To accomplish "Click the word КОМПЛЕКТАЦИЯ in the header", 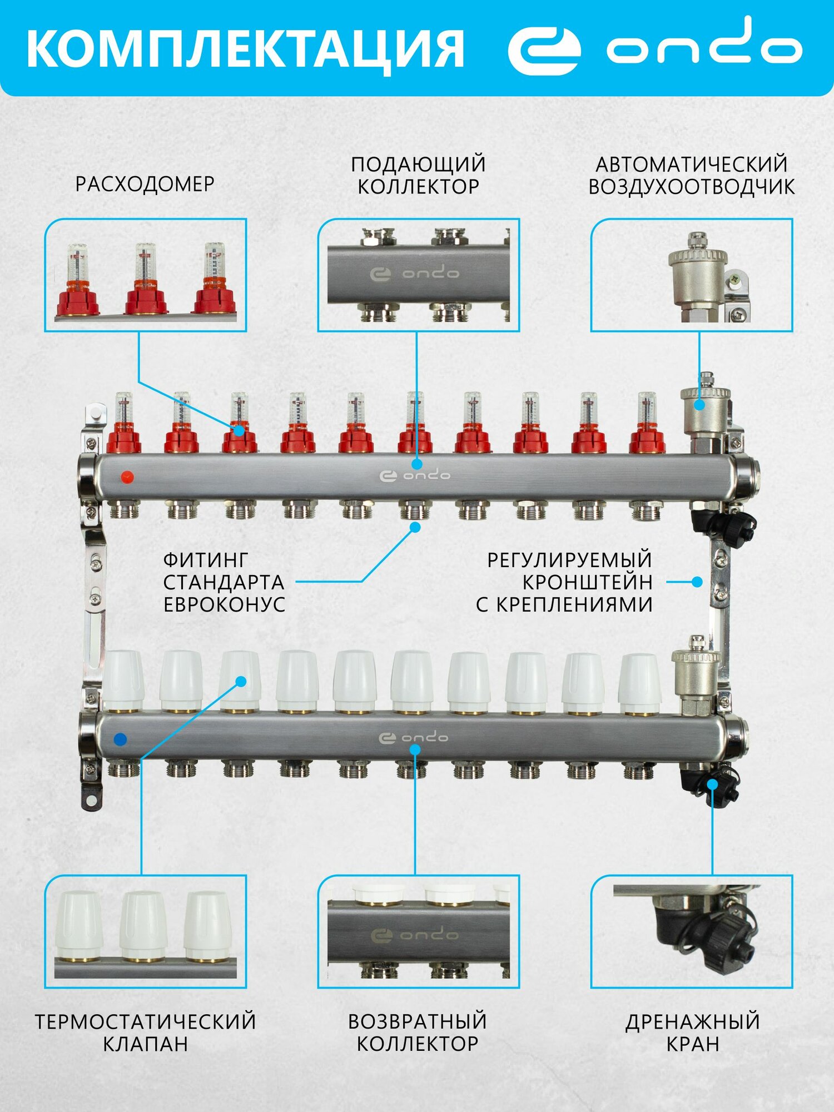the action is [x=245, y=49].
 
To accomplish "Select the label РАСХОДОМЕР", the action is [x=145, y=184].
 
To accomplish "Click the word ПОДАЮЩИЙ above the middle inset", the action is [x=418, y=165].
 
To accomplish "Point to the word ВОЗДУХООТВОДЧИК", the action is [x=692, y=187].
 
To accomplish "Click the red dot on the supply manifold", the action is [x=127, y=477].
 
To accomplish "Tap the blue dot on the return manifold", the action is [x=120, y=739].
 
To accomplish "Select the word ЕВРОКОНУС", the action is [x=225, y=605].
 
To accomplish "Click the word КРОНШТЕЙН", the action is [x=587, y=582].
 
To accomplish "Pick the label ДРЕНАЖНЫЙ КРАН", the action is [x=692, y=1033].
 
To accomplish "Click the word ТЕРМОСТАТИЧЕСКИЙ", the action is [x=146, y=1022].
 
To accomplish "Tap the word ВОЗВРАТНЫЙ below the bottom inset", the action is [x=418, y=1022].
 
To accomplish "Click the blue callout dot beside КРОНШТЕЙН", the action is [x=697, y=582].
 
